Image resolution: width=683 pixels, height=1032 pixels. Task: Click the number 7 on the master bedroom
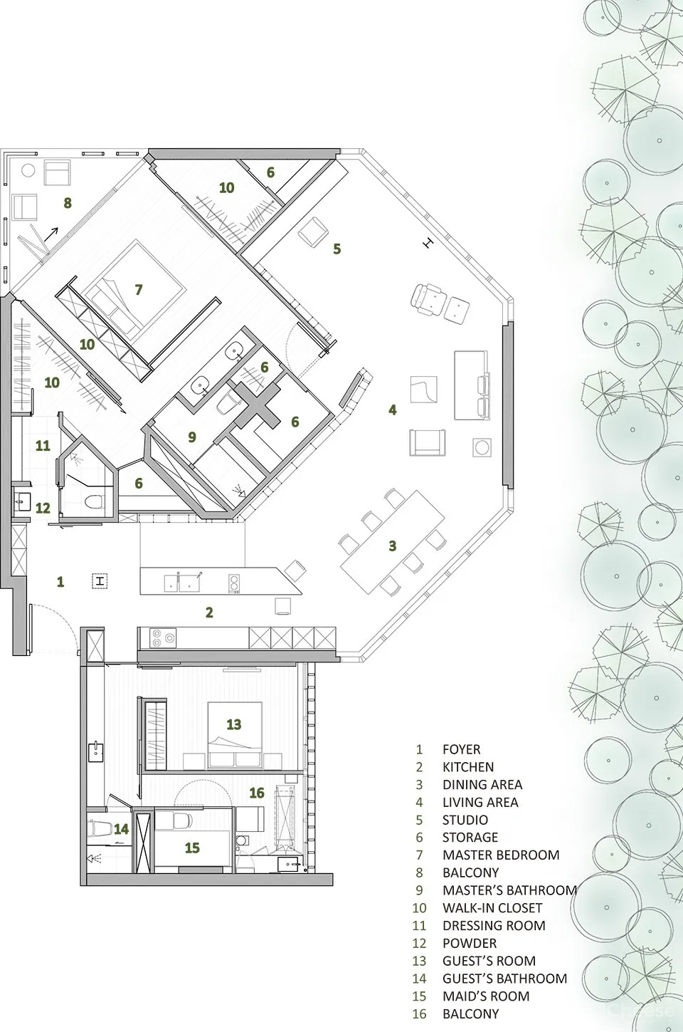[139, 289]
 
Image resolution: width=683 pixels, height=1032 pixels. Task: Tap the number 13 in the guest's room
[234, 724]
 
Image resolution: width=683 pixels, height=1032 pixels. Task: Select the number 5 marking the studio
[337, 249]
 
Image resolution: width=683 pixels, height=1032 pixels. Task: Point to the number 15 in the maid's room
[192, 848]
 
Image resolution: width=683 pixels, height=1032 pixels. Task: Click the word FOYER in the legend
[461, 749]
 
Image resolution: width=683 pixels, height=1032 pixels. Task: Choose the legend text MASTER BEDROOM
[501, 855]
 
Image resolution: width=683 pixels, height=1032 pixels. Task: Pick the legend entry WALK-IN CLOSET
[492, 908]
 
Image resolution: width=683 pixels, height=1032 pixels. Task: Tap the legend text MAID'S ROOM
[485, 996]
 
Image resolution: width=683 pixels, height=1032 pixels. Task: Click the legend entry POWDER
[470, 943]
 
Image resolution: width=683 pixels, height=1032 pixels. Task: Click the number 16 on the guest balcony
[257, 793]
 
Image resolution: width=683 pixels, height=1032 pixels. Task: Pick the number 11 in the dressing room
[43, 446]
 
